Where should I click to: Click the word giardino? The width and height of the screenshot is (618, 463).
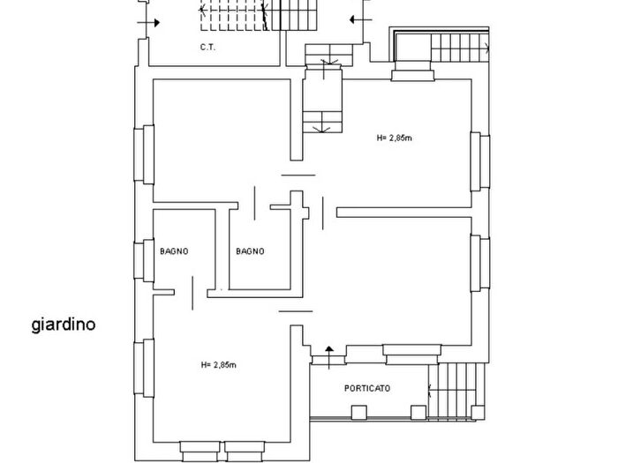[64, 325]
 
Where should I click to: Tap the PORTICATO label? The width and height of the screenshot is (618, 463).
[367, 388]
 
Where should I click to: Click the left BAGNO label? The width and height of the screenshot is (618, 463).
[174, 251]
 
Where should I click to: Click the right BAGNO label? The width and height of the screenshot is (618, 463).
[250, 251]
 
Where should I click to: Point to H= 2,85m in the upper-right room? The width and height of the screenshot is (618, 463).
[396, 138]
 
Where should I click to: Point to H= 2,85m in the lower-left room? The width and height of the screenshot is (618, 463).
[218, 364]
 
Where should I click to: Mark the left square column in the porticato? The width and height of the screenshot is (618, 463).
[357, 412]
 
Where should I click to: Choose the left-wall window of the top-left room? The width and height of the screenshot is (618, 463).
[142, 153]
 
